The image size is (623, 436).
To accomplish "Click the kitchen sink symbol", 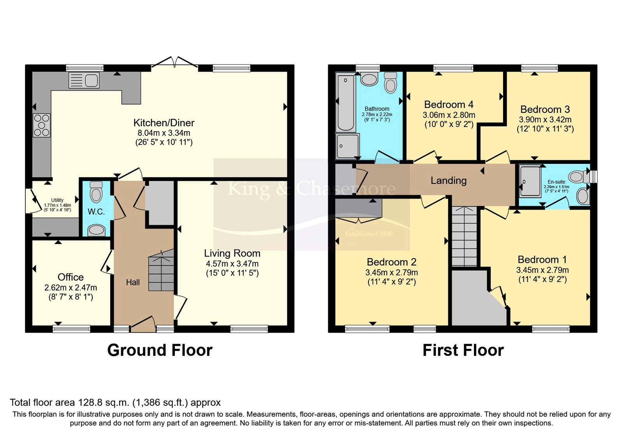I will click(x=84, y=81).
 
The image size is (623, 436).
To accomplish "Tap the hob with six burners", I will click(x=42, y=125).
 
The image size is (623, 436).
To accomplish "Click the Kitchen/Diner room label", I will click(x=164, y=123).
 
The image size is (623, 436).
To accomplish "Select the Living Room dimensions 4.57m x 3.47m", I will click(x=232, y=264).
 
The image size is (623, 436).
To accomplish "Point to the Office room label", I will click(x=70, y=277).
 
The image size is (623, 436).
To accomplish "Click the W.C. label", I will click(x=96, y=212).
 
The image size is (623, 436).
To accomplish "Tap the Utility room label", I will click(x=57, y=200).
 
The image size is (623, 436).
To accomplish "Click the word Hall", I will click(x=133, y=283).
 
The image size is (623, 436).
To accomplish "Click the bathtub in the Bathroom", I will click(x=345, y=103).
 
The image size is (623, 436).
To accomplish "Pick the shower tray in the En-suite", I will click(x=530, y=181).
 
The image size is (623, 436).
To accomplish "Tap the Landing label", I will click(x=449, y=181).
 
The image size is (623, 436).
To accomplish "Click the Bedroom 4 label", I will click(x=449, y=105).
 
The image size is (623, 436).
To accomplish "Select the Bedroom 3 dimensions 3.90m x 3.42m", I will click(x=545, y=120).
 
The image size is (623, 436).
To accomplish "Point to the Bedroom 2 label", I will click(x=391, y=262).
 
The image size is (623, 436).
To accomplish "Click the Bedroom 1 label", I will click(x=542, y=260).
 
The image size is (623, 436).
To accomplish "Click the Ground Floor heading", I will click(x=160, y=350).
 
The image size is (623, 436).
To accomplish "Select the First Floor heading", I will click(x=463, y=350).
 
